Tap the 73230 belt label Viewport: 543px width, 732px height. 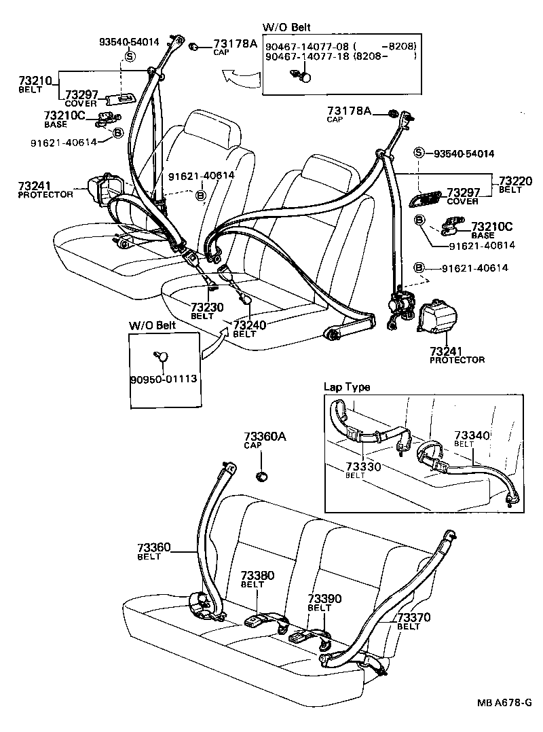click(x=206, y=308)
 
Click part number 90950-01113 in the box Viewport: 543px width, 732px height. click(x=164, y=378)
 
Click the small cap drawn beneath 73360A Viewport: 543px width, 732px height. click(x=261, y=475)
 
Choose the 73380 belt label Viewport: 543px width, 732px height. click(x=257, y=575)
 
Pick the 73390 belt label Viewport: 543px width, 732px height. click(x=324, y=599)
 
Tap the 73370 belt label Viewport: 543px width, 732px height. click(x=414, y=617)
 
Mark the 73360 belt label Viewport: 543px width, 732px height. click(x=153, y=548)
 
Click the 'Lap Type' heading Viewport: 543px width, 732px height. click(x=347, y=387)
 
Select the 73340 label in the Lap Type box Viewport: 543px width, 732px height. click(x=472, y=435)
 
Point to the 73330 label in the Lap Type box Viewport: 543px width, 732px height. click(x=364, y=467)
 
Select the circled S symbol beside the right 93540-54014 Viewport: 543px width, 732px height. click(x=419, y=153)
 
